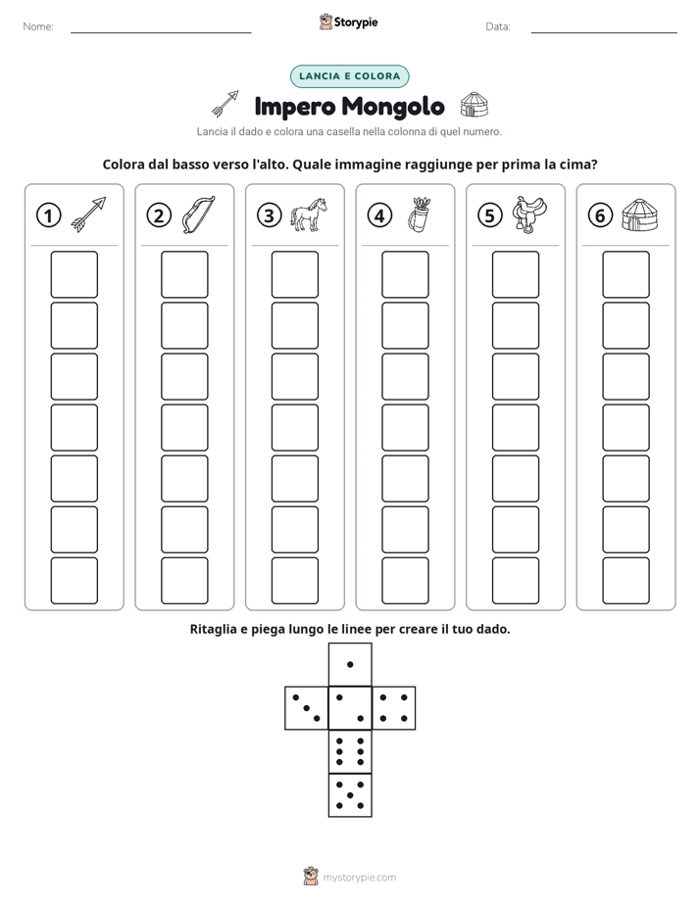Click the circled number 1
48,215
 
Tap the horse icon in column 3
309,214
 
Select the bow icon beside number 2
198,214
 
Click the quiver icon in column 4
419,214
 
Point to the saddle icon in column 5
529,214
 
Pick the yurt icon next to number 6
639,215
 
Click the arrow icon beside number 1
88,214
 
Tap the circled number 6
600,215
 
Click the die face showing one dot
350,664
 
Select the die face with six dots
350,751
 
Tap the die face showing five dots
350,795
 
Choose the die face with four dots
394,708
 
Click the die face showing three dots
306,708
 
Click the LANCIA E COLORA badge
349,76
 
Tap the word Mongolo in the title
393,106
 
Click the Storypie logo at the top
348,22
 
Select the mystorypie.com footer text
359,878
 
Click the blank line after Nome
161,33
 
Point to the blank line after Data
604,33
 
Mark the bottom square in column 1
74,581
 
